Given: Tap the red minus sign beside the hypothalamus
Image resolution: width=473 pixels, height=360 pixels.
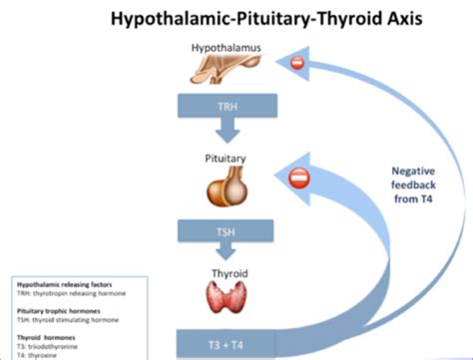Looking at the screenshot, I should [x=295, y=64].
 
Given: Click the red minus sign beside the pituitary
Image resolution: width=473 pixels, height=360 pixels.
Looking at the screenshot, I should [x=299, y=180].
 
